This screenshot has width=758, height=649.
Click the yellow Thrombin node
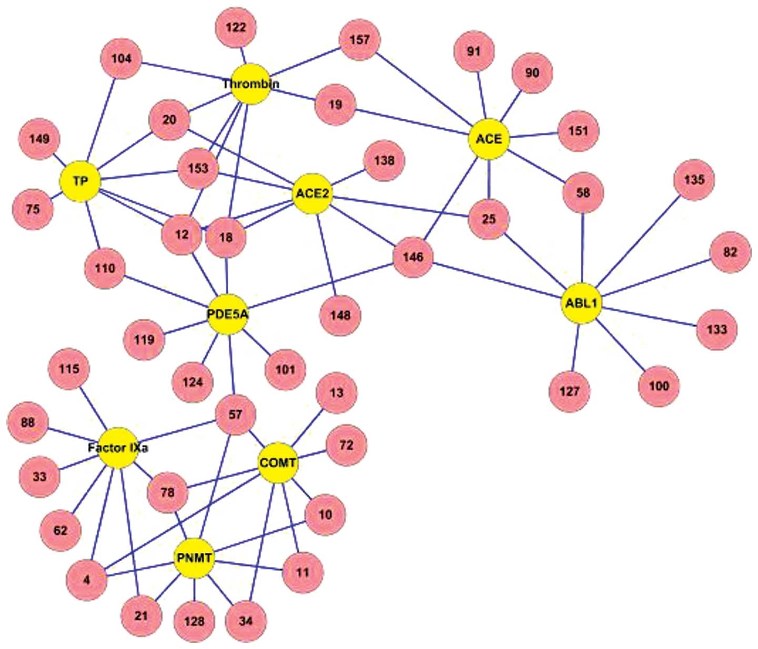point(250,84)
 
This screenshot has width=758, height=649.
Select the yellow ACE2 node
point(312,194)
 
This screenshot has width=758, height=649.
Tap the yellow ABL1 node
point(581,304)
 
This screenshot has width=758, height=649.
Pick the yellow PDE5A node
point(227,315)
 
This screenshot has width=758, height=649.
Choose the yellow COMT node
point(278,463)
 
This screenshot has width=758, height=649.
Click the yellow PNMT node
point(194,558)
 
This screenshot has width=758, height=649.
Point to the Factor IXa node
point(118,448)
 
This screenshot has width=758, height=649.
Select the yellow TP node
point(80,181)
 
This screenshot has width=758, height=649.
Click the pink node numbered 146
point(413,257)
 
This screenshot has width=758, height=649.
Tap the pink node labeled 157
point(360,40)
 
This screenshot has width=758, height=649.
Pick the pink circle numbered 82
point(730,252)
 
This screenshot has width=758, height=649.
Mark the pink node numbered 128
point(194,621)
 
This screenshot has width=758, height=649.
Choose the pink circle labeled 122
point(236,27)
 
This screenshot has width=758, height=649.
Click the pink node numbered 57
point(235,415)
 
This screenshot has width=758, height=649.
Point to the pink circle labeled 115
point(69,369)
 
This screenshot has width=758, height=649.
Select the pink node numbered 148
point(340,315)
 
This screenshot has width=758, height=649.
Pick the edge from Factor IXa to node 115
point(93,408)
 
